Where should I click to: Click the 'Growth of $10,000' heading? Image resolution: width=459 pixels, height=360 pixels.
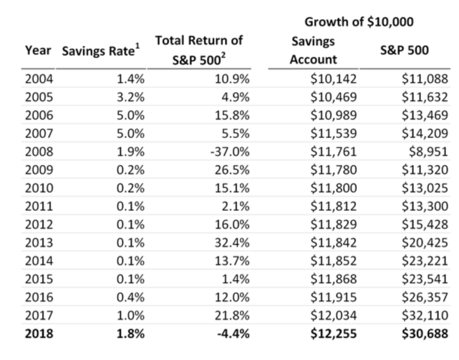pos(358,22)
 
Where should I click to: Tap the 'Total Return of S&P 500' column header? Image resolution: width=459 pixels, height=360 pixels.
pos(198,50)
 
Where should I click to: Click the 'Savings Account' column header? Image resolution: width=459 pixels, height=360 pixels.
pos(313,50)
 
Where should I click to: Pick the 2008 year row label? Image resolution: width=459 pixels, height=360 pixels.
pos(39,152)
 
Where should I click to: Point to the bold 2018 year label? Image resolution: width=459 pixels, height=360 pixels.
pos(39,334)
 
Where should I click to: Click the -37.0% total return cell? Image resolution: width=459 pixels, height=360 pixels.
pos(230,152)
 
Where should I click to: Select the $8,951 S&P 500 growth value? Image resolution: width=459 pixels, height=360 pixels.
pos(428,152)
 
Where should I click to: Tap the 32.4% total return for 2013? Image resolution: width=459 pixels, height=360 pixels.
pos(232,243)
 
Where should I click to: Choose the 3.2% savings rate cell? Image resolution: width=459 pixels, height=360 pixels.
pos(131,97)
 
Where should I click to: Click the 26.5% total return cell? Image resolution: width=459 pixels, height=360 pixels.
pos(232,170)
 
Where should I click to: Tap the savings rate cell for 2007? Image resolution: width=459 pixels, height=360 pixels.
pos(131,133)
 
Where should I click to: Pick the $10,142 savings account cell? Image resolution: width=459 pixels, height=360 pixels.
pos(334,79)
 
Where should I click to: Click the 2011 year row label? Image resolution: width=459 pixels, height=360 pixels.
pos(39,206)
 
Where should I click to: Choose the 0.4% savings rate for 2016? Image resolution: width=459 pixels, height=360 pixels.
pos(131,297)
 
